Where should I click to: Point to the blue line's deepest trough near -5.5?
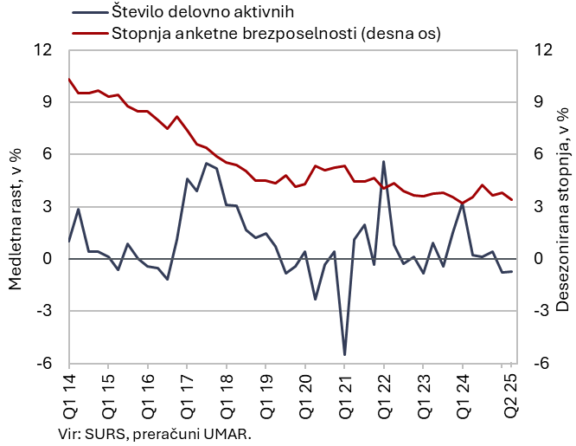point(344,354)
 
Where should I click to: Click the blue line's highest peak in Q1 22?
point(383,162)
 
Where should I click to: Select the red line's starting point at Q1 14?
point(68,79)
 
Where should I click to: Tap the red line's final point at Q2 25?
point(511,199)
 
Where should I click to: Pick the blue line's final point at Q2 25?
point(511,271)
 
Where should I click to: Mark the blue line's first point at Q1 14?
point(68,241)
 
